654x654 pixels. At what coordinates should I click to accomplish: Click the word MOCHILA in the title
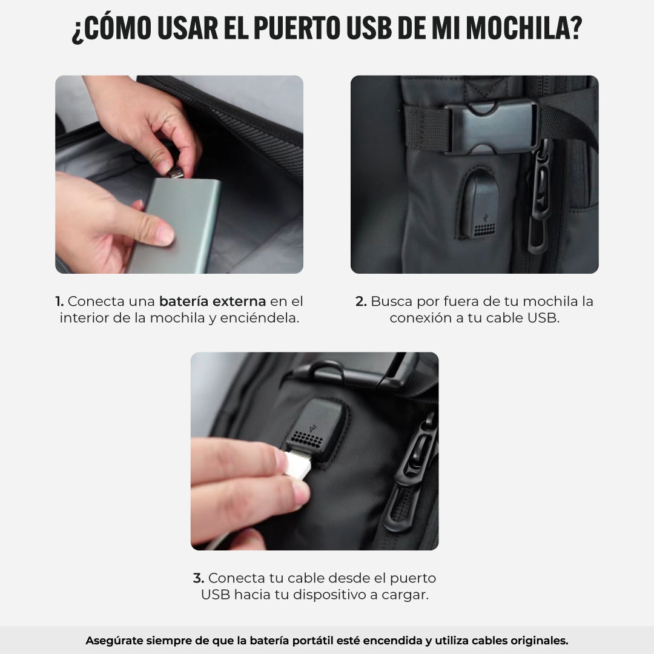524,29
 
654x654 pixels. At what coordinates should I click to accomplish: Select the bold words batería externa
213,301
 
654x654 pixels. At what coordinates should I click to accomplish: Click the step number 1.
59,301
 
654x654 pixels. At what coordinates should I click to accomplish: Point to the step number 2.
361,301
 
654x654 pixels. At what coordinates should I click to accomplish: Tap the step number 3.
199,578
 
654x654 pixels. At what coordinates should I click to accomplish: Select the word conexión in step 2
421,318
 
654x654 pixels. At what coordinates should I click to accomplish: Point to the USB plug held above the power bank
176,172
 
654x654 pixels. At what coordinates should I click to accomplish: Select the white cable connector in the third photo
298,464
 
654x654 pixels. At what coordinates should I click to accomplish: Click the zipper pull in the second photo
540,196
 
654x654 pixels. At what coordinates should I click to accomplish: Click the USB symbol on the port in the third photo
313,428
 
